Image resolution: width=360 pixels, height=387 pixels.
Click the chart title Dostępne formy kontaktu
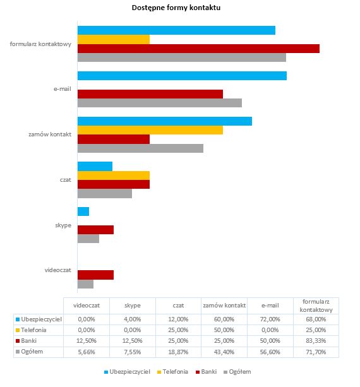coord(176,8)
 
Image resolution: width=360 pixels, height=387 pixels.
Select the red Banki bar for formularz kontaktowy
coord(198,49)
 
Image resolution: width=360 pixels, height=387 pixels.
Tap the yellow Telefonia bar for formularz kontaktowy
coord(114,40)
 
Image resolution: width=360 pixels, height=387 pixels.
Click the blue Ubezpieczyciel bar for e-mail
coord(183,76)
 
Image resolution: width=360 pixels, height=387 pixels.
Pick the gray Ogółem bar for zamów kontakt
coord(140,148)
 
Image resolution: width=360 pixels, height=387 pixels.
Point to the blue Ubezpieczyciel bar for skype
coord(83,211)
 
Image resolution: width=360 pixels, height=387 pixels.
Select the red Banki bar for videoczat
coord(96,275)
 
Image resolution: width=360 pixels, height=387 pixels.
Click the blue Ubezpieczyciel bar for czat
coord(95,166)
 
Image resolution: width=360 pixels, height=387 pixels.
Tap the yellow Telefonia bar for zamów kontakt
coord(150,130)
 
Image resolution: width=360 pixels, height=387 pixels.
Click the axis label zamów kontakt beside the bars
coord(50,134)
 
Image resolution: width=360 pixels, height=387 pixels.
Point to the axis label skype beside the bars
coord(63,225)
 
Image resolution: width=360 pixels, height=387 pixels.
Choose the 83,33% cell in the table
coord(316,341)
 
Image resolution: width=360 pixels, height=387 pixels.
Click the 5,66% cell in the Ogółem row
coord(87,352)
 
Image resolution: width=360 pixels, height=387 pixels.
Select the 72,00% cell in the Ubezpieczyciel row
coord(270,319)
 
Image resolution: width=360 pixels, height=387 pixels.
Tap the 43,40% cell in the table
coord(224,352)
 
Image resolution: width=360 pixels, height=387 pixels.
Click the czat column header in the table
coord(178,306)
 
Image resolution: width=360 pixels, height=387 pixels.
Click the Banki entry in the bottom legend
coord(206,372)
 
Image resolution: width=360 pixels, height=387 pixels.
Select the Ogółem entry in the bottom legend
coord(237,372)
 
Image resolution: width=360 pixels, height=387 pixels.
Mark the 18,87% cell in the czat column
coord(178,352)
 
